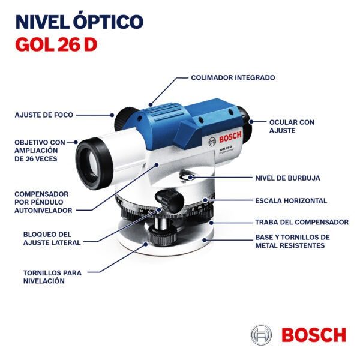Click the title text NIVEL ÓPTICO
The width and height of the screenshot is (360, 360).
click(79, 22)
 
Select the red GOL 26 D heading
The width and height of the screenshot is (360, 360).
click(56, 44)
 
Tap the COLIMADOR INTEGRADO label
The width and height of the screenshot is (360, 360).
click(233, 77)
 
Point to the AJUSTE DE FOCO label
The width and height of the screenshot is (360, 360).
click(44, 115)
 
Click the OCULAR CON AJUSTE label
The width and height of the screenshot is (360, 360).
click(292, 126)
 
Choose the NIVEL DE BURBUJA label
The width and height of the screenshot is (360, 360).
click(287, 178)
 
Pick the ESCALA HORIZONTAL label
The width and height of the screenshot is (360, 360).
click(291, 200)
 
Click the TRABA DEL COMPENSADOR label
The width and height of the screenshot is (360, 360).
click(302, 222)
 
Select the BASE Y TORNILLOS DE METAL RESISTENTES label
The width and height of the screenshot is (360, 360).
click(293, 241)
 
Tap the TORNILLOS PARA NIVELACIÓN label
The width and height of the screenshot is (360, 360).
click(52, 277)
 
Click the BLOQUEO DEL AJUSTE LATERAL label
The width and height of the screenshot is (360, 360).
click(52, 239)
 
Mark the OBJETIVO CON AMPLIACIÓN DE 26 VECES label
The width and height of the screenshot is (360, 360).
click(40, 151)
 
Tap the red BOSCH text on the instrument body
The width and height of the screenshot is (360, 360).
click(230, 137)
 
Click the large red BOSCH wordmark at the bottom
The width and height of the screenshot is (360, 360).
click(314, 335)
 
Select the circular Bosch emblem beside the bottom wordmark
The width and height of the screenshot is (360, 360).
click(261, 335)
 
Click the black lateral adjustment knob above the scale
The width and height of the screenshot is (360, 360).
click(170, 200)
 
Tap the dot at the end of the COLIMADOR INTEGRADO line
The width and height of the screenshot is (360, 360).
click(151, 104)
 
